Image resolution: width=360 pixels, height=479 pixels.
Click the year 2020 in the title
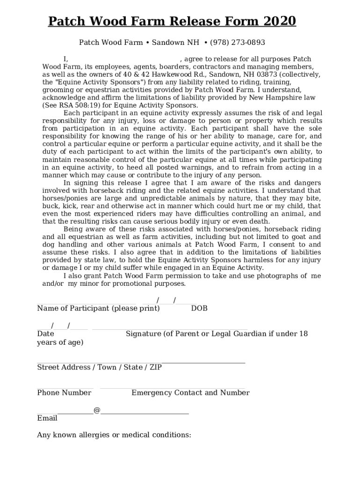point(280,22)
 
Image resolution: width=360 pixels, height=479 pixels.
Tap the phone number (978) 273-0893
point(238,43)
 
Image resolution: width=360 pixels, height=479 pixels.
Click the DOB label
point(199,309)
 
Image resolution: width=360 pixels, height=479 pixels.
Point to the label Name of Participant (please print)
point(98,309)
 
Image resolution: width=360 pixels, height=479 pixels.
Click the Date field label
point(45,334)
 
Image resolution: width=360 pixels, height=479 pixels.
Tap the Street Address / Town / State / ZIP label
point(99,368)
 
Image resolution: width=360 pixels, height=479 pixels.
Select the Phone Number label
point(64,393)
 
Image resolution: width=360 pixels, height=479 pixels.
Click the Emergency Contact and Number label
point(190,393)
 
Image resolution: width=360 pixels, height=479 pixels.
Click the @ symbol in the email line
point(97,410)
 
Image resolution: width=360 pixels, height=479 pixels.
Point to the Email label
point(47,418)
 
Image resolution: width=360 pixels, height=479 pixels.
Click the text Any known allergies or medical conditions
point(114,435)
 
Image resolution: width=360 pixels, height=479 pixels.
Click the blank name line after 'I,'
point(124,60)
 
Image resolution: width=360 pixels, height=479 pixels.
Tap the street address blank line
point(140,362)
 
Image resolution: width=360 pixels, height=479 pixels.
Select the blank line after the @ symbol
point(145,412)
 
